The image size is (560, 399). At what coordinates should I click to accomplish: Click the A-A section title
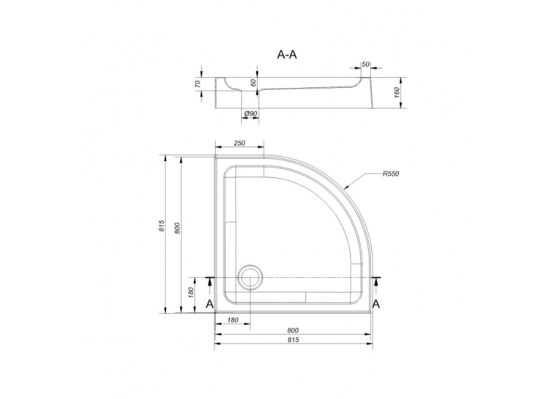[287, 55]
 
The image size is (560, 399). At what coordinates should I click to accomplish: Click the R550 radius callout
[390, 174]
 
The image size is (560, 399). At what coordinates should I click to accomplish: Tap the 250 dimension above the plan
[239, 143]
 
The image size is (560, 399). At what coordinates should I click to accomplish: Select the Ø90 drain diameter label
[250, 113]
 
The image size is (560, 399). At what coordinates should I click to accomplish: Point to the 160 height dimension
[397, 92]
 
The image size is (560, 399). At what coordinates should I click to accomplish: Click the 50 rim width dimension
[365, 64]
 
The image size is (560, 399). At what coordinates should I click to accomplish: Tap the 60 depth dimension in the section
[253, 83]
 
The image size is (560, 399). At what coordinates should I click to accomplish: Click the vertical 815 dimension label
[162, 225]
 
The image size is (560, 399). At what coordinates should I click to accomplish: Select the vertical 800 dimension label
[177, 228]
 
